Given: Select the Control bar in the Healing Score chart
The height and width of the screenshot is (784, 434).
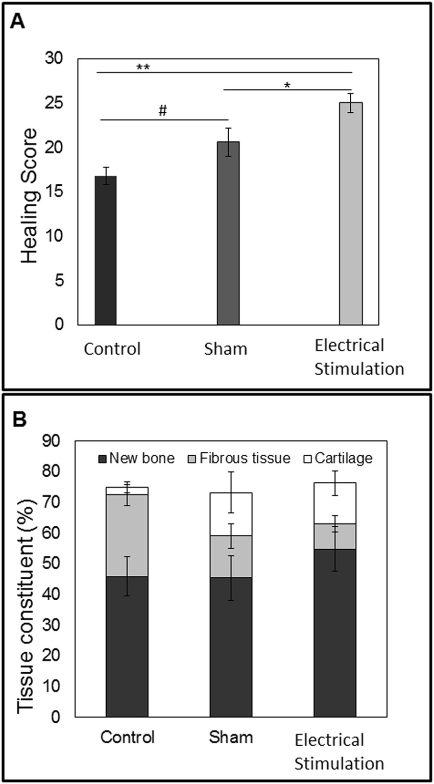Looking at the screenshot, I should click(106, 250).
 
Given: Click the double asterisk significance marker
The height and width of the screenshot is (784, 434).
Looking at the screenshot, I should click(142, 67).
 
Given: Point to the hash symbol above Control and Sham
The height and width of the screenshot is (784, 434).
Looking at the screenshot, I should click(163, 112).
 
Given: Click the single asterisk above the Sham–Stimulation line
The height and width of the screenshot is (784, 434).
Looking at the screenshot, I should click(288, 85).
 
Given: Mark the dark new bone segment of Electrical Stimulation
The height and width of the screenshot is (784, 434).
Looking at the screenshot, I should click(335, 633).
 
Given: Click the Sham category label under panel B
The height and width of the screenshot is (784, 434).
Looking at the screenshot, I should click(231, 738).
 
